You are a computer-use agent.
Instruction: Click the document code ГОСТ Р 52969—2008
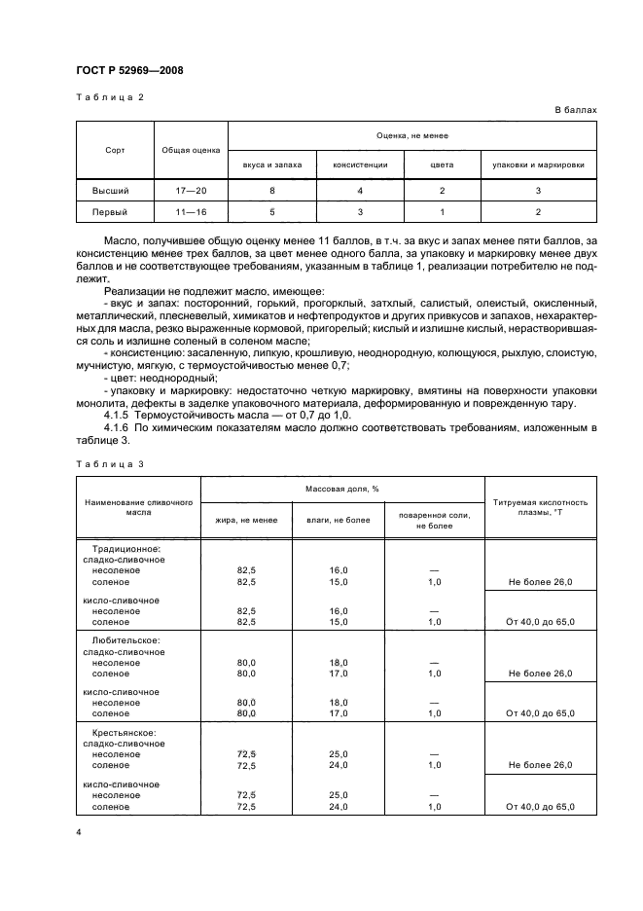coord(128,71)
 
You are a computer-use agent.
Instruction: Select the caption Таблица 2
coord(108,97)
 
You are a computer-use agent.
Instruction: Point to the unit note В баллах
coord(576,110)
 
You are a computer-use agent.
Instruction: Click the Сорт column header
coord(115,150)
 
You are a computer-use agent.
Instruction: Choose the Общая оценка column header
coord(191,150)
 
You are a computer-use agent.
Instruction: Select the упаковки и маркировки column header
coord(538,164)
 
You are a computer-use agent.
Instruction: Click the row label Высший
coord(110,191)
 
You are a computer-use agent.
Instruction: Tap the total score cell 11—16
coord(191,211)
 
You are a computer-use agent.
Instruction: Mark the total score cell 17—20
coord(191,191)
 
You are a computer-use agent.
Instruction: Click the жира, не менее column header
coord(246,520)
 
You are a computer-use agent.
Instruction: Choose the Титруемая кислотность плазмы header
coord(540,507)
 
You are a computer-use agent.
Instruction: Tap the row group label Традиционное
coord(126,548)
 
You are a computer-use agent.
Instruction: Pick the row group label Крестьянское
coord(124,731)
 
